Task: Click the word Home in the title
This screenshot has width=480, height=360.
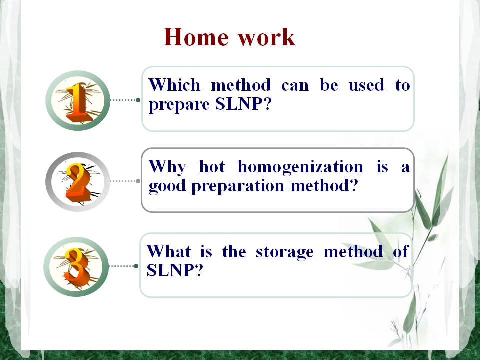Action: click(196, 37)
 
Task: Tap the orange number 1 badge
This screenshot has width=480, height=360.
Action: click(78, 100)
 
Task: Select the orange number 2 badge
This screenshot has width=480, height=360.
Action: click(78, 182)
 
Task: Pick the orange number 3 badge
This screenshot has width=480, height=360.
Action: click(76, 267)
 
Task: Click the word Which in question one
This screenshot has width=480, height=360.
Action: click(174, 85)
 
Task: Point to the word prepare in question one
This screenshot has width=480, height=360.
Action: click(179, 105)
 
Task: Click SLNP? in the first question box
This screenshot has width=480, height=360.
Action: click(243, 104)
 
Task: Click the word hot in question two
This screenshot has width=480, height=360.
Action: click(212, 167)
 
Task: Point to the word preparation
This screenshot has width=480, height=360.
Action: click(238, 186)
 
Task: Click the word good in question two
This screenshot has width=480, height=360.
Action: click(167, 186)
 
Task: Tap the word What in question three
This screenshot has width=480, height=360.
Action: click(169, 251)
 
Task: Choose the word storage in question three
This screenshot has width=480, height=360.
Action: click(284, 252)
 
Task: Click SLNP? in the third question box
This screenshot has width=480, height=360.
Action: click(175, 270)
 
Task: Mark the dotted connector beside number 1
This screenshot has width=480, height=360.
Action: click(125, 100)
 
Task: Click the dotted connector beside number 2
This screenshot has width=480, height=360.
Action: click(125, 181)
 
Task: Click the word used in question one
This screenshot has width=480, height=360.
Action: click(366, 85)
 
